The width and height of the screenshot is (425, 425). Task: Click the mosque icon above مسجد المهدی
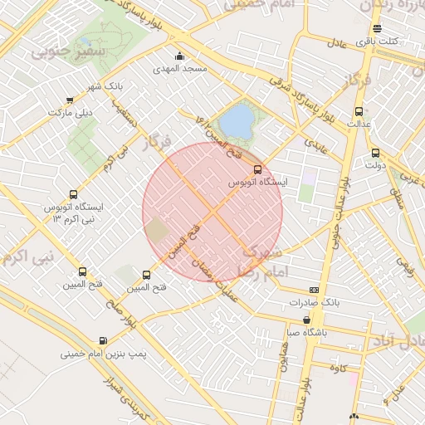tap(179, 56)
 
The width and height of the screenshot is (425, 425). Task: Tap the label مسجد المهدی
tap(179, 70)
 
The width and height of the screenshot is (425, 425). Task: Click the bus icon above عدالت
tap(359, 111)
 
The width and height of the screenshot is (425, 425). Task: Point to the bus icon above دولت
tap(375, 153)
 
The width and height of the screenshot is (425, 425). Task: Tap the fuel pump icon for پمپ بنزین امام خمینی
tap(103, 340)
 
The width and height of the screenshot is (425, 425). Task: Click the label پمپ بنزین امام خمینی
tap(103, 354)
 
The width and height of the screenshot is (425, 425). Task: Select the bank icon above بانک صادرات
tap(313, 290)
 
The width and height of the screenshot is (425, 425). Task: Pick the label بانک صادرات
tap(313, 303)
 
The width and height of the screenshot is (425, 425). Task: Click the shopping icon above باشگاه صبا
tap(307, 320)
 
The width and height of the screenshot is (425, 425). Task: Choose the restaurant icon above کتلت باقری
tap(378, 29)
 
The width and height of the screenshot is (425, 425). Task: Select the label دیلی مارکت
tap(71, 111)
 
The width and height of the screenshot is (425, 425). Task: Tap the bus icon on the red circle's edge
tap(257, 169)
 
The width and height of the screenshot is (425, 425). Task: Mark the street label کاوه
tap(336, 366)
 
